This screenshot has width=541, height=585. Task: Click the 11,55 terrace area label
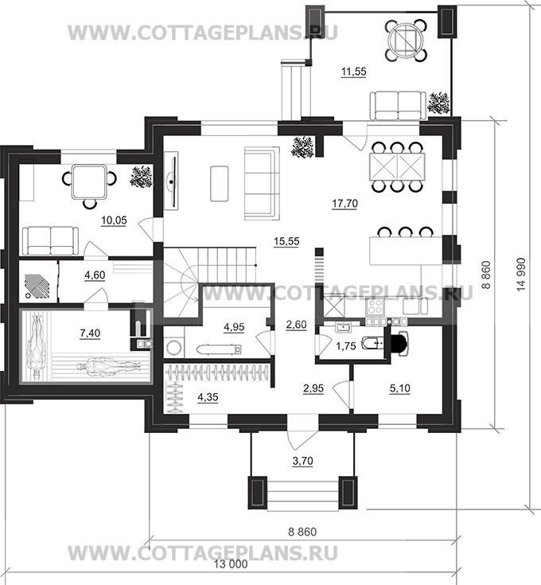tap(354, 71)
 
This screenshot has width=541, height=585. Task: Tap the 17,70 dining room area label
tap(344, 203)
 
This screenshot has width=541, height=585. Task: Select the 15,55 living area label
tap(286, 241)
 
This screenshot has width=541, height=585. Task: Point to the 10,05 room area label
tap(114, 220)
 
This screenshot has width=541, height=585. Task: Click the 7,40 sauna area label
tap(90, 333)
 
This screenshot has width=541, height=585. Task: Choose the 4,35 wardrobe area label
tap(208, 397)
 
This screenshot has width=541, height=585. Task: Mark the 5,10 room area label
tap(399, 388)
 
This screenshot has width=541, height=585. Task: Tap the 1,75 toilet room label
tap(345, 346)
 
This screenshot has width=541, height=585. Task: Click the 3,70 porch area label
tap(302, 461)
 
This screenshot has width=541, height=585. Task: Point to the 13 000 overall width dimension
tap(231, 564)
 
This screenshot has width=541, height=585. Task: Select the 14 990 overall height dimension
tap(520, 275)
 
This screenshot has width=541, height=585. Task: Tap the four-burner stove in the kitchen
tap(375, 306)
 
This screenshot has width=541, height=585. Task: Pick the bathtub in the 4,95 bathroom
tap(219, 349)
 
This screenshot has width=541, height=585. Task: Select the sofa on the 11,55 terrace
tap(398, 106)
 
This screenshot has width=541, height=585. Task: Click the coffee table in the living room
tap(220, 184)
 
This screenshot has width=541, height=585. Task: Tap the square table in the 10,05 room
tap(89, 182)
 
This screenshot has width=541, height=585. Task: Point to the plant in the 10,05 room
tap(142, 177)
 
